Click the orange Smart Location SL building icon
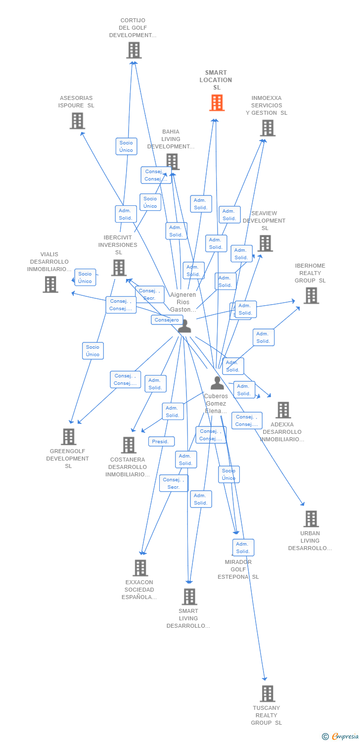[217, 103]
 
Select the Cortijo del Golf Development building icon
[134, 50]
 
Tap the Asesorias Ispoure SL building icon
[77, 121]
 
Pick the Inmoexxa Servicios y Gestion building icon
[268, 128]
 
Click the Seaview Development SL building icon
[265, 243]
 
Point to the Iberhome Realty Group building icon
[311, 295]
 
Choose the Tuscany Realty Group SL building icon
[267, 694]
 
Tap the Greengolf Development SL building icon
[69, 437]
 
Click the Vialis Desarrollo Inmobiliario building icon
[50, 284]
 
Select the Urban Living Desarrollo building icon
[311, 519]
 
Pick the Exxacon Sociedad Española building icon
[140, 568]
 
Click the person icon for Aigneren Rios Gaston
[184, 326]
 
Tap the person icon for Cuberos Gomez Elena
[217, 383]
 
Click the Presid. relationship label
[161, 441]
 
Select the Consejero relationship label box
[167, 320]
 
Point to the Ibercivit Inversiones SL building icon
[119, 268]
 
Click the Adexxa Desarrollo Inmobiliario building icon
[283, 410]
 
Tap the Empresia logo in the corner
[341, 737]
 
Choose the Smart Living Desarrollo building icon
[189, 597]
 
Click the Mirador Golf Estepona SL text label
[238, 569]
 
